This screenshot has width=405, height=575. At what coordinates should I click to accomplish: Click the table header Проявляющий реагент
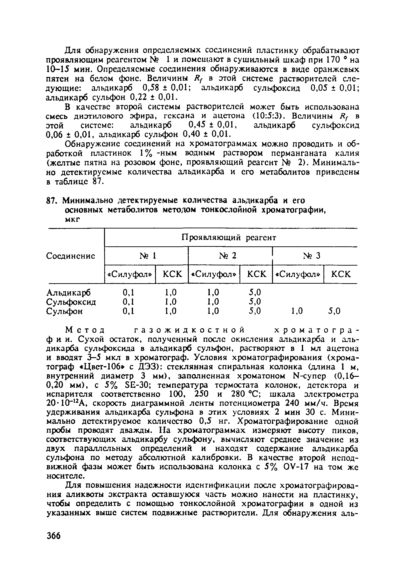point(228,237)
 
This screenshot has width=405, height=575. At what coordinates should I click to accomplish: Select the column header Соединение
point(71,256)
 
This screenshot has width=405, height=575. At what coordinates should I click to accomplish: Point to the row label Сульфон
point(65,311)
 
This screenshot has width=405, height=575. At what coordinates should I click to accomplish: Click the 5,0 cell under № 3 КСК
point(334,311)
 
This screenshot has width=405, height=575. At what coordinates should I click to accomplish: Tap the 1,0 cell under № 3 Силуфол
point(297,311)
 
